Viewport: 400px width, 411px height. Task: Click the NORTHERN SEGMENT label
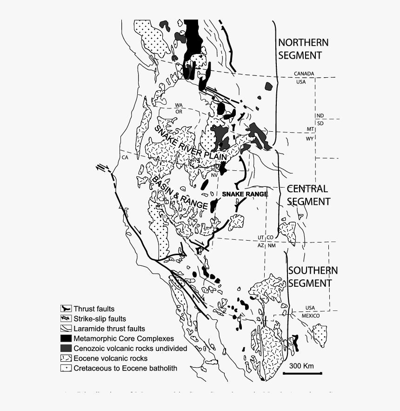pyautogui.click(x=303, y=49)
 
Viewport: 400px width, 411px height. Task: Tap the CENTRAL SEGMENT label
pyautogui.click(x=308, y=195)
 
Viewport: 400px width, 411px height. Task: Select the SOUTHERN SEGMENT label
pyautogui.click(x=313, y=276)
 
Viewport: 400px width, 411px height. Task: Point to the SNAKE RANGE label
pyautogui.click(x=245, y=194)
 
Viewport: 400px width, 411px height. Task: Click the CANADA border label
pyautogui.click(x=304, y=74)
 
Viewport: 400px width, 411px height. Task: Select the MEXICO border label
pyautogui.click(x=310, y=316)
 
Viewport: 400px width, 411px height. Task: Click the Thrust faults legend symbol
pyautogui.click(x=66, y=309)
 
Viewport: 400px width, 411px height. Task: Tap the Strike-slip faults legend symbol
pyautogui.click(x=66, y=319)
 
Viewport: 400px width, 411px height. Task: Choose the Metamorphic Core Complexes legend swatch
pyautogui.click(x=66, y=338)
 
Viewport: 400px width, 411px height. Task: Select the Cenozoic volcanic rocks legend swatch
pyautogui.click(x=66, y=348)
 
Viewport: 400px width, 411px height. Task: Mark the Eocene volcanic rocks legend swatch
pyautogui.click(x=66, y=358)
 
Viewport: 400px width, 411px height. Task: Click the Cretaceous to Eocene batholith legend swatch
pyautogui.click(x=66, y=368)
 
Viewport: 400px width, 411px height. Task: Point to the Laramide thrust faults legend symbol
pyautogui.click(x=66, y=329)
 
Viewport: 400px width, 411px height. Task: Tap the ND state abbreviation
pyautogui.click(x=320, y=115)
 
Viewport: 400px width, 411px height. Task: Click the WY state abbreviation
pyautogui.click(x=310, y=139)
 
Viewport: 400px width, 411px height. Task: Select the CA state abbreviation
pyautogui.click(x=125, y=157)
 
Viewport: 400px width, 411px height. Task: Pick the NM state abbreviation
pyautogui.click(x=272, y=245)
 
